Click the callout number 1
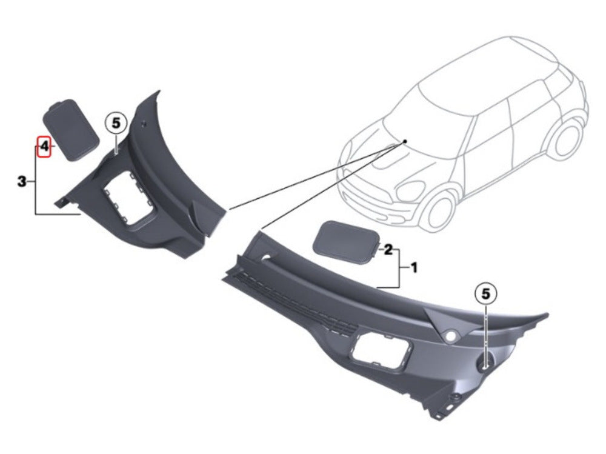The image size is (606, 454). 414,267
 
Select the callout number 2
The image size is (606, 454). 389,249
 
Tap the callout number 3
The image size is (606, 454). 22,181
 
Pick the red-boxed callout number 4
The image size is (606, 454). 44,146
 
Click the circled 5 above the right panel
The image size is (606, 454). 485,293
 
